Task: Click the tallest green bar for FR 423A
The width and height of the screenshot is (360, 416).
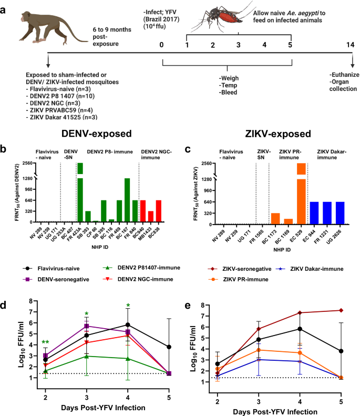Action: click(80, 195)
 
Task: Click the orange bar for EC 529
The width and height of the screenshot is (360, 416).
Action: click(301, 195)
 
